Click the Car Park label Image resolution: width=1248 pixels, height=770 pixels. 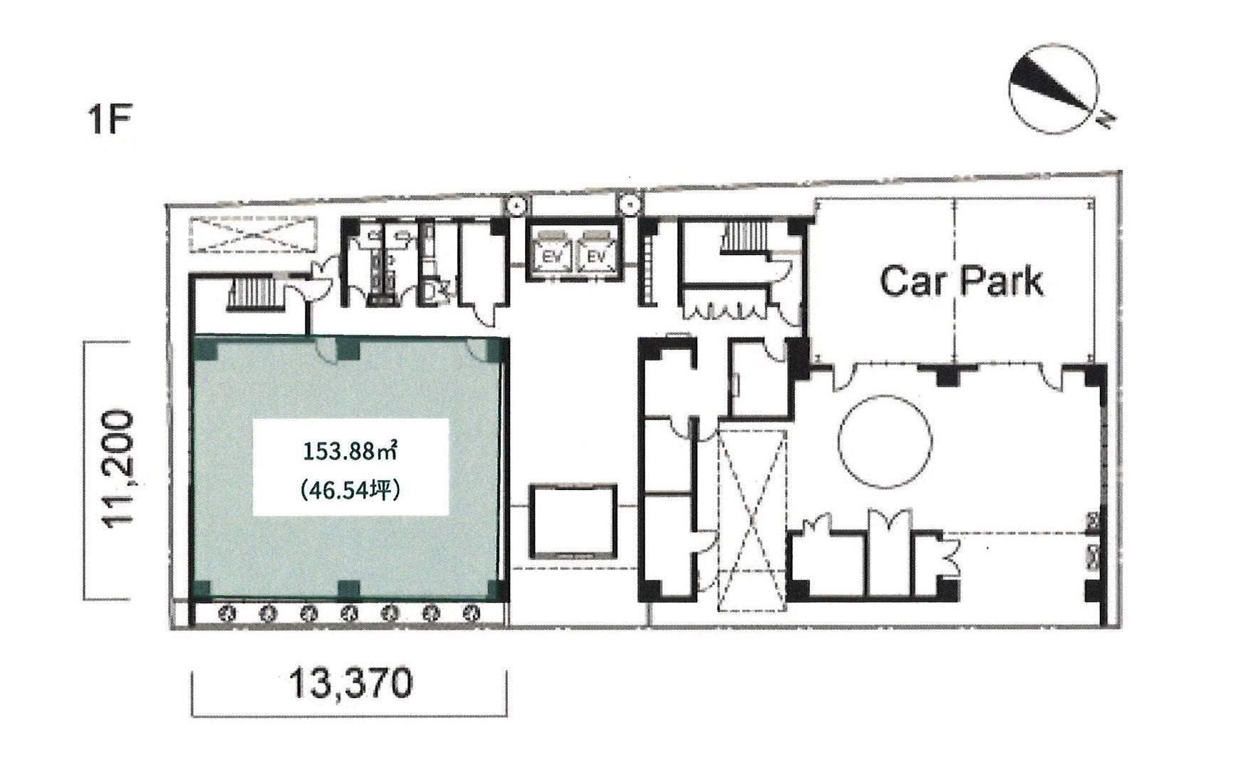coord(962,281)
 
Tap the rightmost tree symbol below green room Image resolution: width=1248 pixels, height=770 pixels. coord(471,613)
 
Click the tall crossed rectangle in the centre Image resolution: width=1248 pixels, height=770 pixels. coord(751,520)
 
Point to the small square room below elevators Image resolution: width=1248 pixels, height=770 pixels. coord(572,520)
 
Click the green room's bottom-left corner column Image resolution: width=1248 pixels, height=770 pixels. coord(203,588)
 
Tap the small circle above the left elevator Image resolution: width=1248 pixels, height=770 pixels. coord(516,205)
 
